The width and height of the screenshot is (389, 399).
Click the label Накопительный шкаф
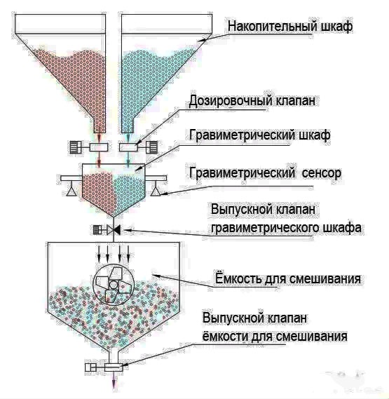(x=290, y=26)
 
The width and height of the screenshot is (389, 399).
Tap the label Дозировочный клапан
(x=252, y=101)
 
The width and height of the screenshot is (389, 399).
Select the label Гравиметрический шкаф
(x=260, y=135)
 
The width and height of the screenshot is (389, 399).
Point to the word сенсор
(x=322, y=173)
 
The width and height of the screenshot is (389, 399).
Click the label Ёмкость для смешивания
(x=288, y=278)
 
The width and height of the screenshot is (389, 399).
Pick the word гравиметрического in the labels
(x=264, y=227)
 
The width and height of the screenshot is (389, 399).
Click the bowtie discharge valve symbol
(x=114, y=230)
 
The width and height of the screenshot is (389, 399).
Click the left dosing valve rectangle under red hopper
(x=98, y=147)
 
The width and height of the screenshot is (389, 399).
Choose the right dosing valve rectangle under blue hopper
(x=128, y=147)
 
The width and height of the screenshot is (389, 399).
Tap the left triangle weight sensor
(x=71, y=190)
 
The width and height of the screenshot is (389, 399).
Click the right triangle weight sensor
(x=156, y=190)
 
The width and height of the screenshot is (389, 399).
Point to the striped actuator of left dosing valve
(x=76, y=147)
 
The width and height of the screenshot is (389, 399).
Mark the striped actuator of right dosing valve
(x=151, y=147)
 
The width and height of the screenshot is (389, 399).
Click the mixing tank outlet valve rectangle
(x=114, y=367)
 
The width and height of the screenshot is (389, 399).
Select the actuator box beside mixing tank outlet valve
(x=90, y=367)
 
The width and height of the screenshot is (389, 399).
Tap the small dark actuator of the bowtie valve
(x=97, y=230)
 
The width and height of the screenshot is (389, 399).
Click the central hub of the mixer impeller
(x=114, y=284)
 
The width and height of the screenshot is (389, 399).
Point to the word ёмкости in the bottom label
(x=224, y=336)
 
